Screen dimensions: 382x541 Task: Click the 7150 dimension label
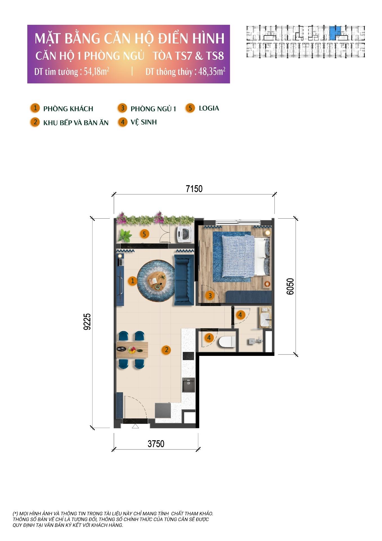coord(194,189)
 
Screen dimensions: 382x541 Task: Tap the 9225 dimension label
coord(88,322)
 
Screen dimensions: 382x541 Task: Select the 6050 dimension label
coord(290,286)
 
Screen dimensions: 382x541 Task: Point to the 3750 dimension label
coord(156,444)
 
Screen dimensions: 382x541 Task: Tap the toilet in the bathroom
coord(227,342)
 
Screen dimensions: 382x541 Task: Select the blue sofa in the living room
coord(184,280)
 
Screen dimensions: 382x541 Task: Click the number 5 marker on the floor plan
coord(144,234)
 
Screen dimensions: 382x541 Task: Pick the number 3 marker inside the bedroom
coord(210,296)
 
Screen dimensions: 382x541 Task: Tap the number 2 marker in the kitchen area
coord(166,350)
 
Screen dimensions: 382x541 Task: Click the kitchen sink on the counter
coord(189,385)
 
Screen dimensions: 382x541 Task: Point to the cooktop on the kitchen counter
coord(189,356)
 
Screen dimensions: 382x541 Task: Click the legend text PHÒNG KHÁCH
coord(68,109)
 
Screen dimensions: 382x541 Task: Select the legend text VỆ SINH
coord(144,122)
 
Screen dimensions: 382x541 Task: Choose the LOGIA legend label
coord(209,108)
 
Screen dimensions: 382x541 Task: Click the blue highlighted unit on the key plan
coord(335,32)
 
